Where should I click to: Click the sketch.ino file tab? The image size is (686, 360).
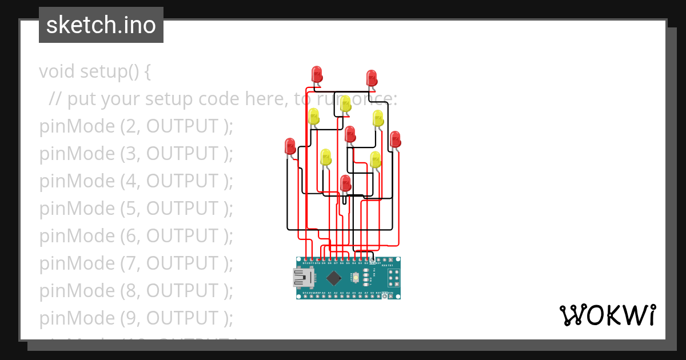click(101, 25)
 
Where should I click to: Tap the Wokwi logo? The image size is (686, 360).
click(607, 315)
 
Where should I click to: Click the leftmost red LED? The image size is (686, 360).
click(290, 146)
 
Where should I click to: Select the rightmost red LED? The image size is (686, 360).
click(395, 139)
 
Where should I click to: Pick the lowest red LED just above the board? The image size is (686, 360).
click(345, 183)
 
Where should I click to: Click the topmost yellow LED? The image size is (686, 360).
click(345, 103)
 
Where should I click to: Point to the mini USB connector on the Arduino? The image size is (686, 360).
click(303, 278)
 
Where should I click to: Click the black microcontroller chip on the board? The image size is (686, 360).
click(333, 278)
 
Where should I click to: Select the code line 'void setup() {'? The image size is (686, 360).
click(95, 71)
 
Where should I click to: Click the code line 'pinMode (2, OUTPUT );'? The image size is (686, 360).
click(136, 126)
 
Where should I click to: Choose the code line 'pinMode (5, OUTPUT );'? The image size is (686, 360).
click(136, 209)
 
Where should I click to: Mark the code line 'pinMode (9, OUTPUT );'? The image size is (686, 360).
click(136, 318)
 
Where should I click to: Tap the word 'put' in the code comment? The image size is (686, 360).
click(81, 99)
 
